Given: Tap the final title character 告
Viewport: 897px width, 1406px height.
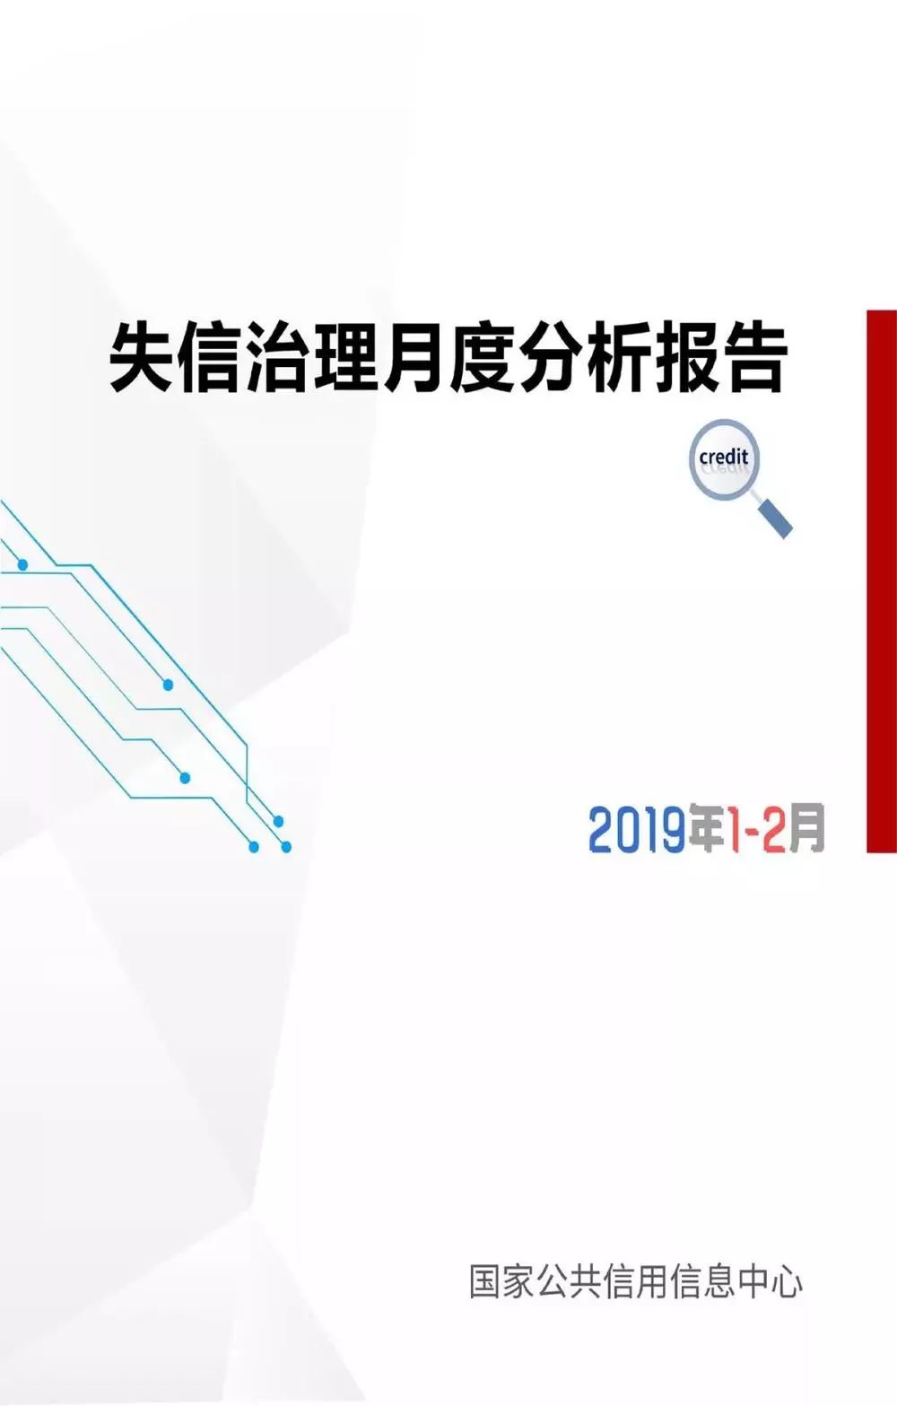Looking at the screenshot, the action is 753,358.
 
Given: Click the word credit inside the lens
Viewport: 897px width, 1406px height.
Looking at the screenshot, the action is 723,457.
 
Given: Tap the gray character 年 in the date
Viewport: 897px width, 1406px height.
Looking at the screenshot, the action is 709,828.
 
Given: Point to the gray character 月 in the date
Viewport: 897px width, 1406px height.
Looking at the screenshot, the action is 806,828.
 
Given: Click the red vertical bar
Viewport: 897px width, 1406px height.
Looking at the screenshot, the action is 882,581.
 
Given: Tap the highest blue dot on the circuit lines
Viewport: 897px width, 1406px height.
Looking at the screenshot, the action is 22,565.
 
